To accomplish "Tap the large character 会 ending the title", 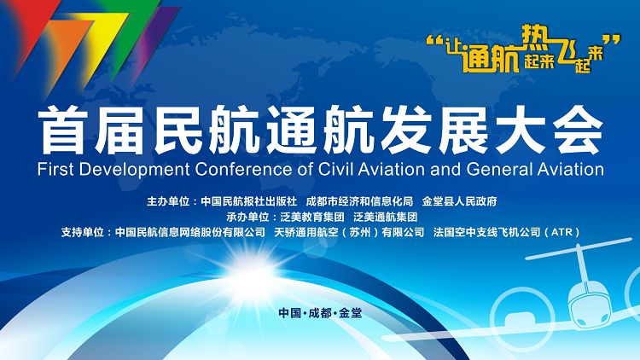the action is (578, 130).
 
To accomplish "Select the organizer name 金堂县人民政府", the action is (460, 201).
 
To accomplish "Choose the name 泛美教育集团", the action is (312, 217).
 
